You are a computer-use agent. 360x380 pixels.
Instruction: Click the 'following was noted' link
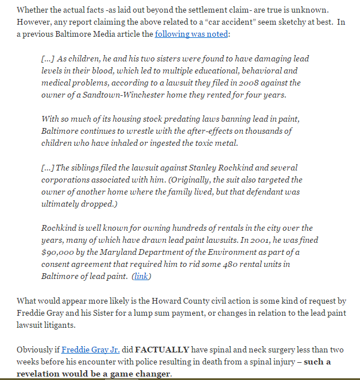click(x=192, y=34)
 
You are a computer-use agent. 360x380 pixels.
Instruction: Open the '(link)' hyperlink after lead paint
click(x=141, y=277)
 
